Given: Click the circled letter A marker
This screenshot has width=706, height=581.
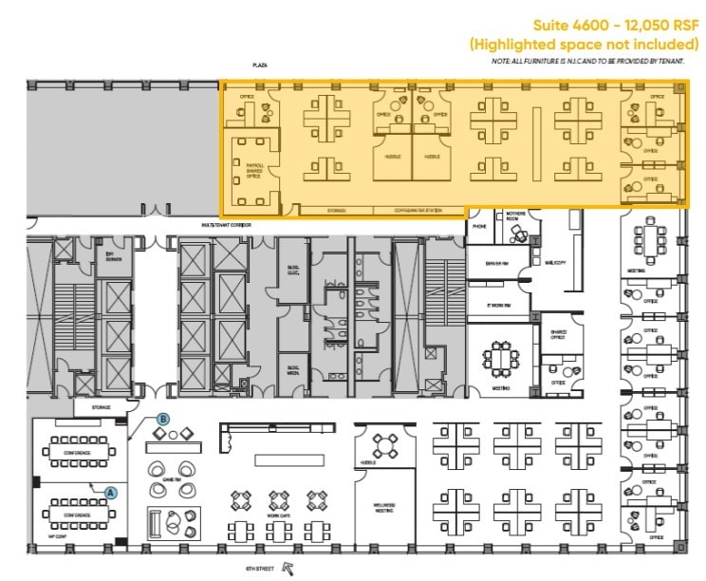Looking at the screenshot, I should click(111, 493).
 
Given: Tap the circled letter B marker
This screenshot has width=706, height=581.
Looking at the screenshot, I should click(162, 419).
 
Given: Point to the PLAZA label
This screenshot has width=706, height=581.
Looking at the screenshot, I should click(258, 66).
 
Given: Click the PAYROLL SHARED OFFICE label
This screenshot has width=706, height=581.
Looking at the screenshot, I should click(253, 170).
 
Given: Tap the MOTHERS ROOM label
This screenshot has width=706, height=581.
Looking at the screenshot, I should click(515, 216).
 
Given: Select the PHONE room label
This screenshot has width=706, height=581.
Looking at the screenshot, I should click(479, 227).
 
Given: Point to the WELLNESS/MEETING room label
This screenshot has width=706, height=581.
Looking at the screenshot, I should click(383, 508).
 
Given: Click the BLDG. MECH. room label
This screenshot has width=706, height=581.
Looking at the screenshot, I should click(292, 370).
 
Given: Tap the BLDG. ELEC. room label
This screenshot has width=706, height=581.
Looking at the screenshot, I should click(292, 270).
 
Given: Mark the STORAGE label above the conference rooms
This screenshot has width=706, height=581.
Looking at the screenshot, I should click(102, 408).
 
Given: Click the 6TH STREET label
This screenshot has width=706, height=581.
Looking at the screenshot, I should click(260, 569).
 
